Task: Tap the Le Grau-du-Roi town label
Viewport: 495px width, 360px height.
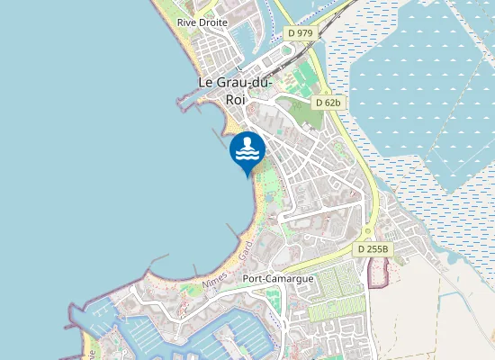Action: click(x=236, y=91)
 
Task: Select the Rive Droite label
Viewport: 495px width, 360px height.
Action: click(x=202, y=22)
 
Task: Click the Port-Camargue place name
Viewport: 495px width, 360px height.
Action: click(x=278, y=278)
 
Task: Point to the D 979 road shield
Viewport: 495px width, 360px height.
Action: click(x=300, y=33)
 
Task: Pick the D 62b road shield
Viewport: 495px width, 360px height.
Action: click(x=328, y=103)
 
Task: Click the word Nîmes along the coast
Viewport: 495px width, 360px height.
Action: click(x=216, y=279)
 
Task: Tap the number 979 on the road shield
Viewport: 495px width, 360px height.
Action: click(x=304, y=33)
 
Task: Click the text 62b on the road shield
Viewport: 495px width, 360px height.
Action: click(x=333, y=103)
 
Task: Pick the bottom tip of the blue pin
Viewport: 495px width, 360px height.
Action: click(x=247, y=175)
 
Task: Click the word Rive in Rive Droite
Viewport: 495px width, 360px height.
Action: click(x=187, y=22)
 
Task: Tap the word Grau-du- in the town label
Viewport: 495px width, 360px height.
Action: click(x=248, y=84)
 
